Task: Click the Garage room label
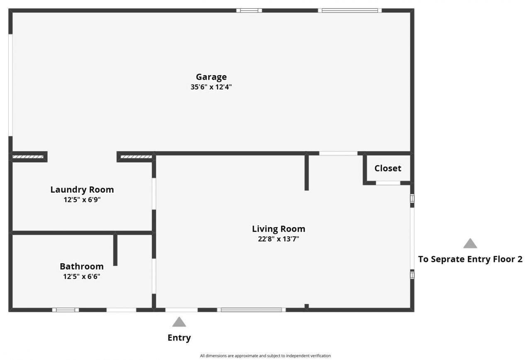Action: [x=211, y=77]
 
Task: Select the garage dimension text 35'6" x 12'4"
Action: [x=211, y=87]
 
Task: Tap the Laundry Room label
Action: [x=82, y=190]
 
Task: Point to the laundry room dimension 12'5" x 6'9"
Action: [x=82, y=200]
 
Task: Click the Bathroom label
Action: [x=82, y=267]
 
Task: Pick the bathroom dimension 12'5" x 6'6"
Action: [x=82, y=277]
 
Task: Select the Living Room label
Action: [x=278, y=229]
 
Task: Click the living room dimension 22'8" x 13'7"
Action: [x=278, y=239]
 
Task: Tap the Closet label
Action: [x=388, y=168]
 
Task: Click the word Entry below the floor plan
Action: [x=179, y=338]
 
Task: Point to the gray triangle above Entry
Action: [x=179, y=322]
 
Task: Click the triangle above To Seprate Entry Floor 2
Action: [x=470, y=244]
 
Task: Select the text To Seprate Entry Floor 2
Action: [x=470, y=260]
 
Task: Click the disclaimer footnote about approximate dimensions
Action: [x=265, y=356]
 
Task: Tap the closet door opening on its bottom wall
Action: [x=388, y=183]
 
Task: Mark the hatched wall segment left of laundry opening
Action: [x=28, y=157]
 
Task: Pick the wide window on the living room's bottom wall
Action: [x=251, y=310]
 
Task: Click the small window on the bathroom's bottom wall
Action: [x=66, y=310]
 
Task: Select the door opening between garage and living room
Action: [x=338, y=153]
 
